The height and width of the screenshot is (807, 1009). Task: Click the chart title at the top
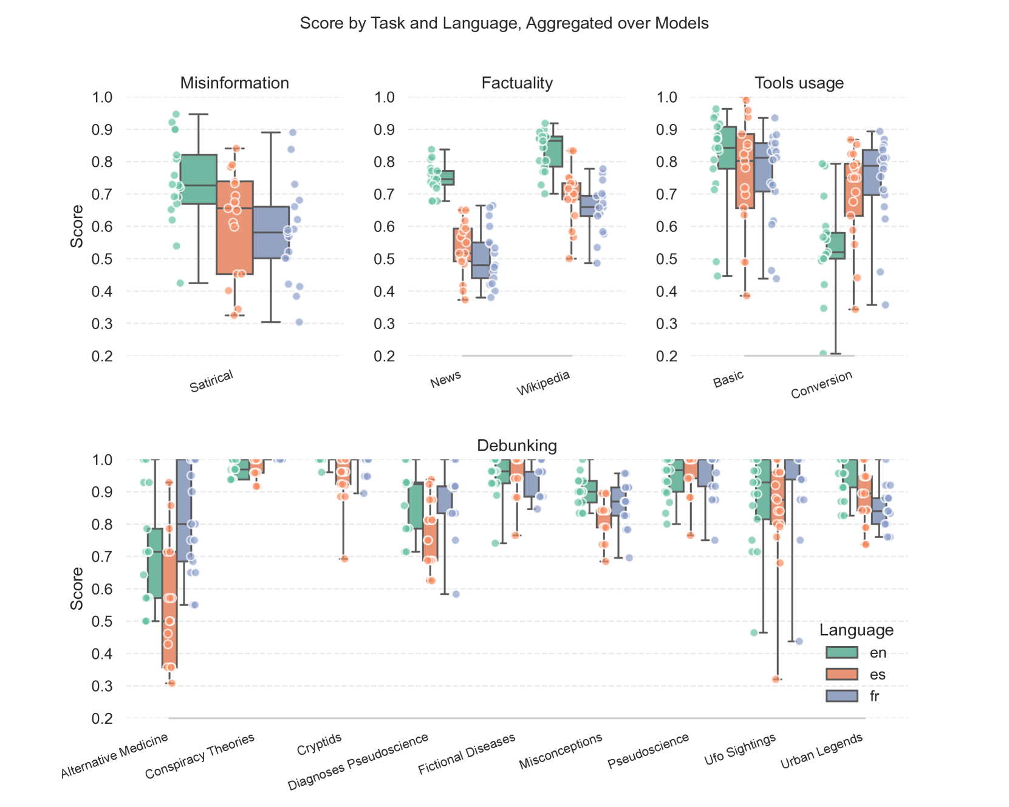pos(504,24)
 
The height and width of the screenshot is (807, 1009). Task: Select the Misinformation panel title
pos(234,83)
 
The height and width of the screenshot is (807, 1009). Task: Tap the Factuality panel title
pos(517,83)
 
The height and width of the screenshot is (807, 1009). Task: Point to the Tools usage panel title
pos(799,83)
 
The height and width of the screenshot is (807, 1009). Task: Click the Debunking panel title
pos(517,446)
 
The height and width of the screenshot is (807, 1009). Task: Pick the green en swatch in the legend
pos(841,653)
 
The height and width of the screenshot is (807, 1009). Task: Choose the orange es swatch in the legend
pos(841,675)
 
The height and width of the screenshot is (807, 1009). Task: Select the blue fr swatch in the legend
pos(841,696)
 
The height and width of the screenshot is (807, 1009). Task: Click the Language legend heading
pos(856,630)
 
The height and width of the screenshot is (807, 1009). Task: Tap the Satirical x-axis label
pos(211,381)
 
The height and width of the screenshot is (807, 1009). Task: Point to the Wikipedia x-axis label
pos(543,383)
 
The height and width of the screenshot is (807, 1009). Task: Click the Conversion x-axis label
pos(821,385)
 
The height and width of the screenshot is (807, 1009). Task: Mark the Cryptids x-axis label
pos(320,745)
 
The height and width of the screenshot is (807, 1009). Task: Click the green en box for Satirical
pos(199,179)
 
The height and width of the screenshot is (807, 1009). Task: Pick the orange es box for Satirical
pos(234,228)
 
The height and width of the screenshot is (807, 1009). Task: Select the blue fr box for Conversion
pos(870,172)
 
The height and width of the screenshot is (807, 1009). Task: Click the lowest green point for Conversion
pos(823,353)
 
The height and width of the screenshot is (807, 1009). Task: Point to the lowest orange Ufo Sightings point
pos(776,679)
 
